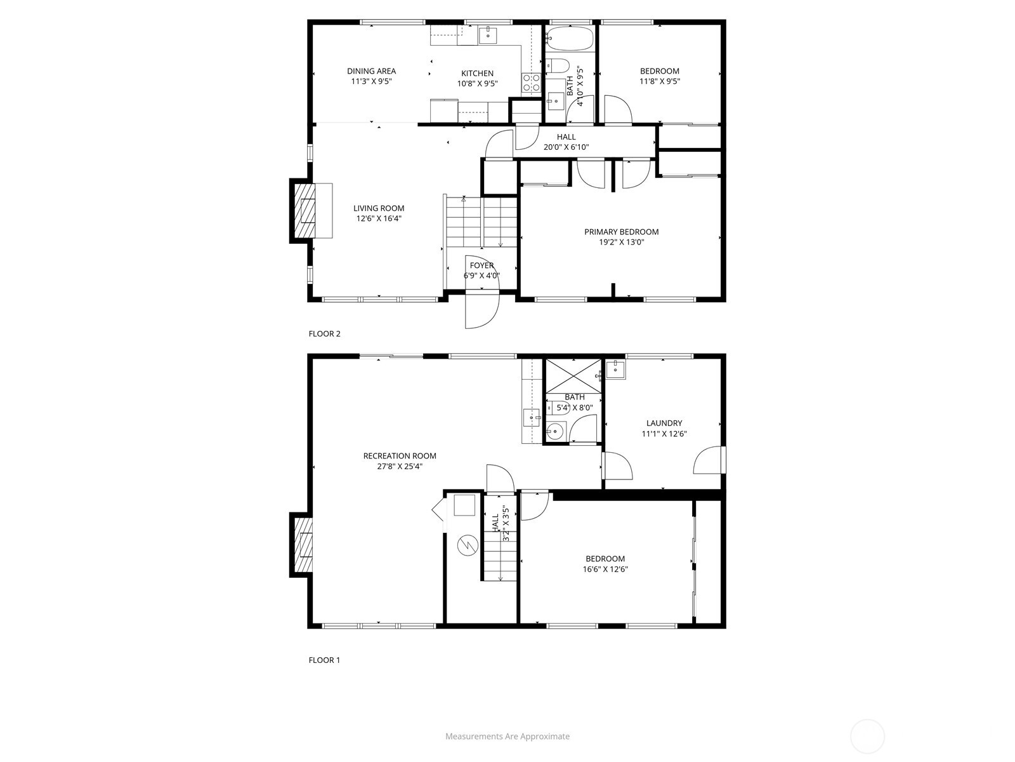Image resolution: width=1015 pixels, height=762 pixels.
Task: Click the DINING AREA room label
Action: coord(371,70)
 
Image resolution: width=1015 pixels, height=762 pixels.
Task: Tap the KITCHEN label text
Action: coord(477,73)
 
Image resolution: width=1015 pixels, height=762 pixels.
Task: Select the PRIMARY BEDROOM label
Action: coord(622,232)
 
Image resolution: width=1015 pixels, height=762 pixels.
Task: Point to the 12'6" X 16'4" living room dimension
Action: coord(379,218)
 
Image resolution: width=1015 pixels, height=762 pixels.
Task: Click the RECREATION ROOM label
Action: coord(400,456)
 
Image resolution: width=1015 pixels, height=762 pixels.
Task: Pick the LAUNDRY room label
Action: coord(664,423)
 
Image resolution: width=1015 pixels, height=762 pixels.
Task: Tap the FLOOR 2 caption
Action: coord(325,333)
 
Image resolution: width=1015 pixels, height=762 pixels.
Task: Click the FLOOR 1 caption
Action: coord(324,660)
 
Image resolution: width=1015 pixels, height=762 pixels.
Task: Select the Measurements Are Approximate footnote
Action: coord(507,736)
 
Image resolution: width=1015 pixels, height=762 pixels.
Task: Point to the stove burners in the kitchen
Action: coord(532,83)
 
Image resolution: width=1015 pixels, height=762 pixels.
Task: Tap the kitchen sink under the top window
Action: coord(488,34)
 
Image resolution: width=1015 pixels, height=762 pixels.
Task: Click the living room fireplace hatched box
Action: coord(304,211)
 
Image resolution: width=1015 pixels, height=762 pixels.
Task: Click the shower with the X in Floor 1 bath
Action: coord(573,376)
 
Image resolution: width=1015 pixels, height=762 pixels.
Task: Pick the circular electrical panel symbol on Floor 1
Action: coord(467,546)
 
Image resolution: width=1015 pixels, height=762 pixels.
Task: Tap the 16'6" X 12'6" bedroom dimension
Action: coord(605,569)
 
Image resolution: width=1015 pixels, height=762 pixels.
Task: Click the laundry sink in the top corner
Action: coord(615,369)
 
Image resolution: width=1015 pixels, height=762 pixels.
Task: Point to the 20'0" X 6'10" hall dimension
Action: coord(566,147)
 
